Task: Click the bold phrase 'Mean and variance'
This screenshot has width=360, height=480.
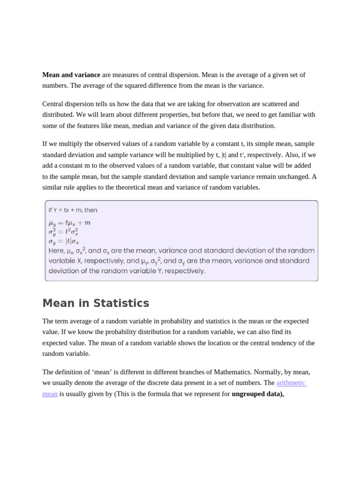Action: click(x=71, y=75)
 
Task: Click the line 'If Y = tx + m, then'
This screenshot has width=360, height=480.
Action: click(x=73, y=210)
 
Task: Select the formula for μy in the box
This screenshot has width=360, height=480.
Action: click(x=70, y=223)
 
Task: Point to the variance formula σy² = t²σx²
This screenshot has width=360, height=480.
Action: click(x=63, y=232)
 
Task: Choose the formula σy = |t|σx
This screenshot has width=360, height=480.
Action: click(x=64, y=241)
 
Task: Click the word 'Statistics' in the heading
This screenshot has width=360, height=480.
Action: click(x=121, y=303)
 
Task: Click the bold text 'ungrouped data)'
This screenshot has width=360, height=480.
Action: click(x=258, y=394)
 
